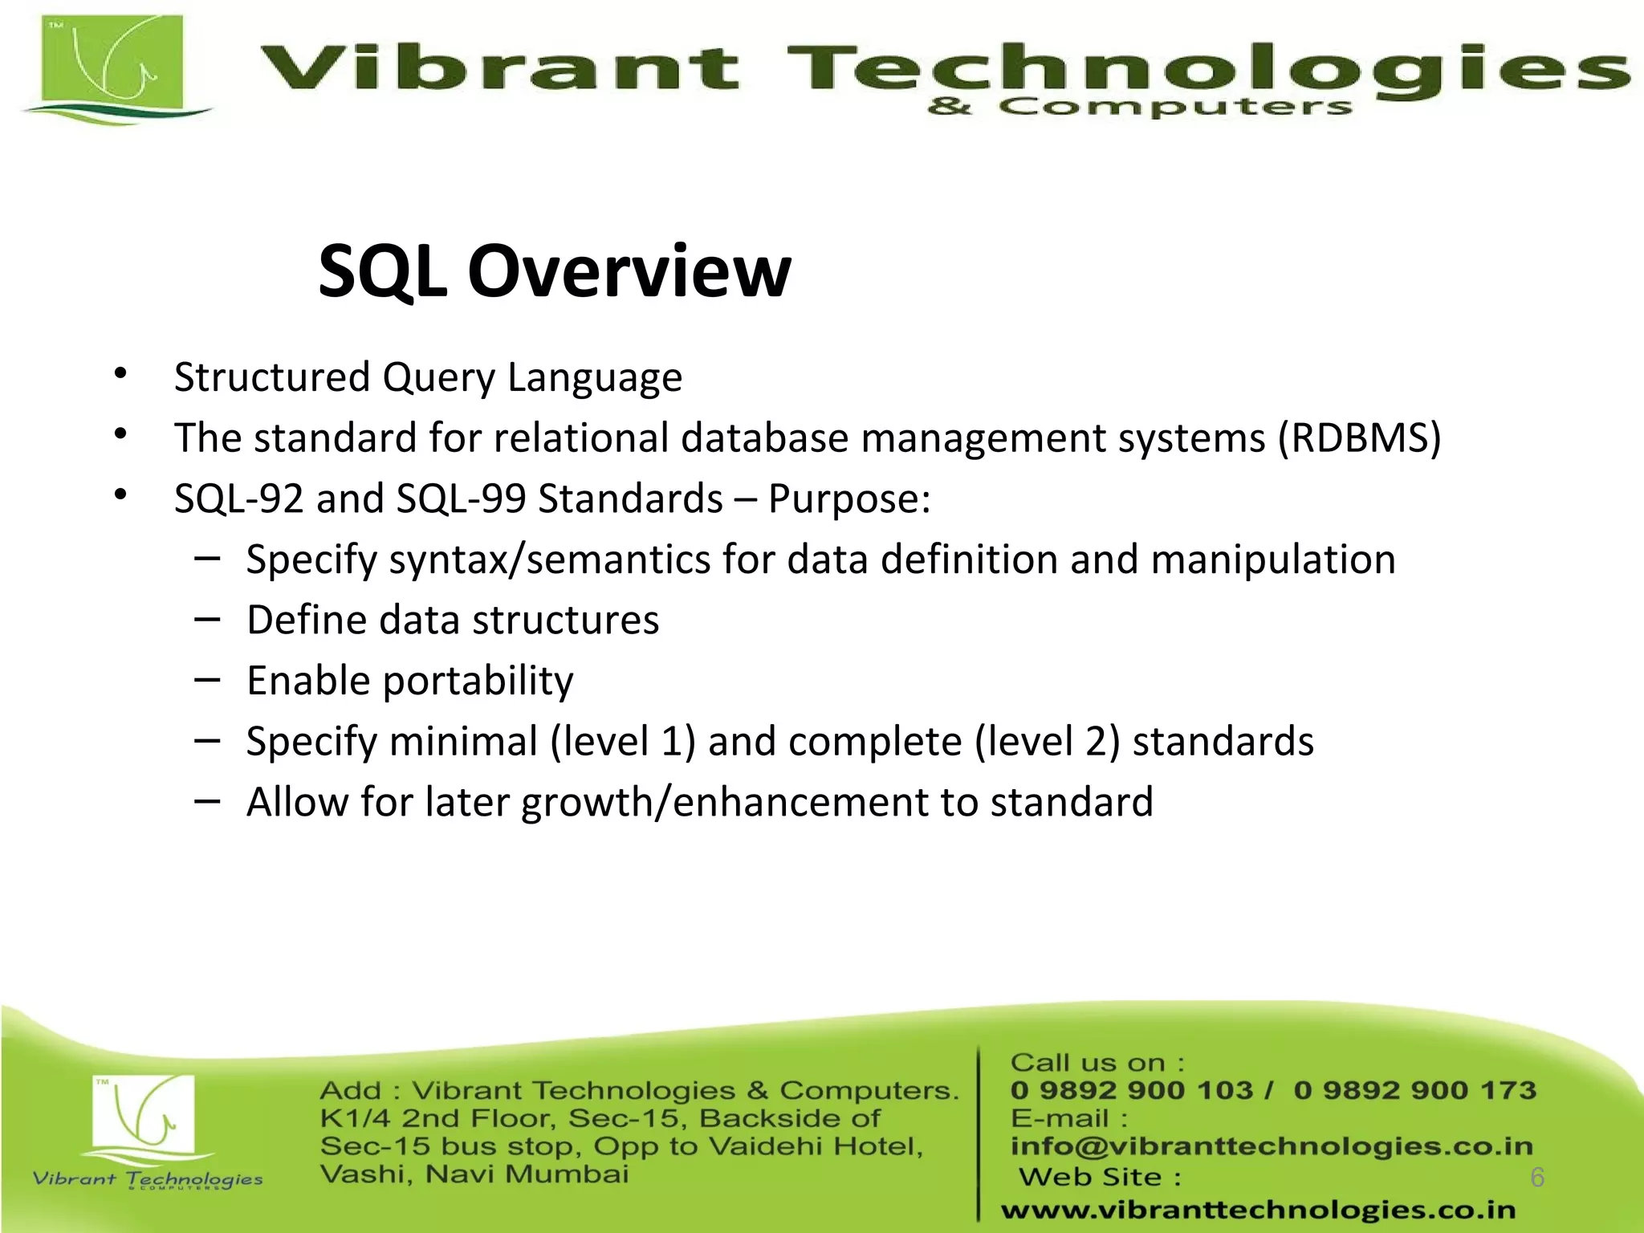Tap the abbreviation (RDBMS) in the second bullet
[x=1359, y=438]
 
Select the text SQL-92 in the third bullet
[x=239, y=498]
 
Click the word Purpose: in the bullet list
[x=849, y=498]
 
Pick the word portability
[x=478, y=682]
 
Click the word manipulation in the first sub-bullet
[x=1273, y=560]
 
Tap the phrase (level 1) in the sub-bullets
[x=622, y=741]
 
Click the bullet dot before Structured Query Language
[x=120, y=373]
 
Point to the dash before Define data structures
[x=207, y=618]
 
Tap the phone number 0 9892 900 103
[x=1131, y=1090]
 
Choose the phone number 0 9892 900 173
[x=1414, y=1090]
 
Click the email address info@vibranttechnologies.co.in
[x=1272, y=1146]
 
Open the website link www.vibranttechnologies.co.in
[x=1258, y=1209]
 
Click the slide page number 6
[x=1537, y=1177]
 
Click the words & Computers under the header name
[x=1139, y=107]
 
